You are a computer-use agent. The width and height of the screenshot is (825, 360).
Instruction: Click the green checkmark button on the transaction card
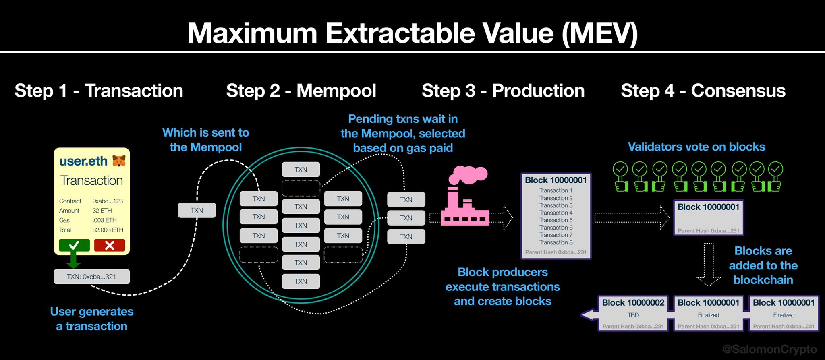click(x=74, y=245)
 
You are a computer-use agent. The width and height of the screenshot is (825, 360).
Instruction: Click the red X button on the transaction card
click(x=110, y=245)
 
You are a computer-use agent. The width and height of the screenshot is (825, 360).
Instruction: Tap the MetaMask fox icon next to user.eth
click(x=119, y=161)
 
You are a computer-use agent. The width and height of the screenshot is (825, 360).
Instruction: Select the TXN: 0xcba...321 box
click(x=92, y=277)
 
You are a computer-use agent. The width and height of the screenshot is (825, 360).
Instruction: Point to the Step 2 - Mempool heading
click(x=301, y=91)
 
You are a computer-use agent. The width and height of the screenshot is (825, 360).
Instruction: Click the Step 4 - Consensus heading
click(x=703, y=91)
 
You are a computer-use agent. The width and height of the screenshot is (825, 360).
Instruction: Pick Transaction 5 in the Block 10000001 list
click(x=556, y=220)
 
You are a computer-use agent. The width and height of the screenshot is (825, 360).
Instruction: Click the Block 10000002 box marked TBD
click(x=633, y=314)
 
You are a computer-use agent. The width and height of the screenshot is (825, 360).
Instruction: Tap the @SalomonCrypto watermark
click(x=769, y=349)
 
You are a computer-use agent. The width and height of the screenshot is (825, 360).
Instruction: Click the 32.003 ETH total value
click(x=108, y=230)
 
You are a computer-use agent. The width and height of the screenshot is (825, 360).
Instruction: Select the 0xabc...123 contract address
click(x=108, y=201)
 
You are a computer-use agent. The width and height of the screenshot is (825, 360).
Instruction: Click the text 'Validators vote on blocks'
click(x=696, y=147)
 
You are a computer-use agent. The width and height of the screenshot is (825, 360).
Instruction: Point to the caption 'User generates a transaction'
click(x=92, y=319)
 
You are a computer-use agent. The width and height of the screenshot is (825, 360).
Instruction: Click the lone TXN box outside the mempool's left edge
click(x=197, y=210)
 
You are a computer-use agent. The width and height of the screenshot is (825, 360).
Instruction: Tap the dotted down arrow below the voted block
click(x=709, y=264)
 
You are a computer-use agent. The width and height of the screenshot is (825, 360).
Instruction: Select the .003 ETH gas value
click(x=105, y=220)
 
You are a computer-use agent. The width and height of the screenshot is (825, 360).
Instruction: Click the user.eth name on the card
click(x=83, y=161)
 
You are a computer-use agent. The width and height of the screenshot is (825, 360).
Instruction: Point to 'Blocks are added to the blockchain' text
click(x=763, y=265)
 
